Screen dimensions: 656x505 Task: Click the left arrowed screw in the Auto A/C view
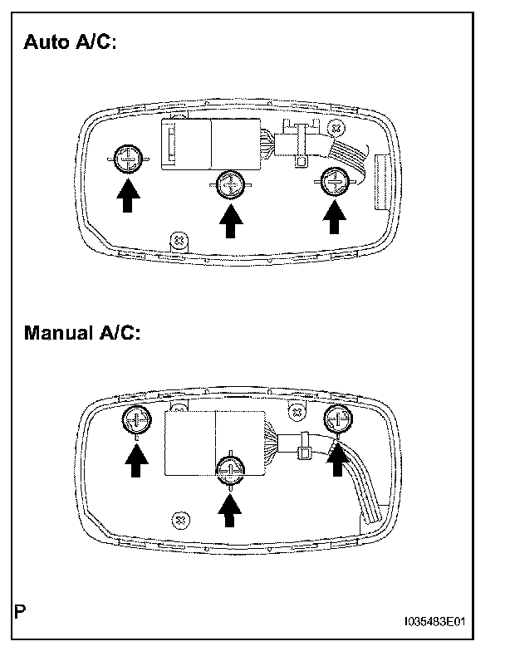point(127,156)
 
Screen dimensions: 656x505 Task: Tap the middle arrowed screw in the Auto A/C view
point(230,184)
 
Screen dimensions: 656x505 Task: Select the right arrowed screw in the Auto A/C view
point(334,179)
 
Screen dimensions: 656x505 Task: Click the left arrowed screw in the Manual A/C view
point(135,421)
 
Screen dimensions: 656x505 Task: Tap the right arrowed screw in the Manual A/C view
point(337,418)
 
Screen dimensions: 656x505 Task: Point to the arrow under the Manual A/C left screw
point(135,460)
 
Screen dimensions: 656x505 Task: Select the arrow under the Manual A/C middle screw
point(230,508)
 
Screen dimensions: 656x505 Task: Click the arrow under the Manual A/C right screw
point(337,457)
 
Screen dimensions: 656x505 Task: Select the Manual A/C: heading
point(83,334)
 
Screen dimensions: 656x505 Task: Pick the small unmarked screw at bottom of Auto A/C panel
point(177,240)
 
